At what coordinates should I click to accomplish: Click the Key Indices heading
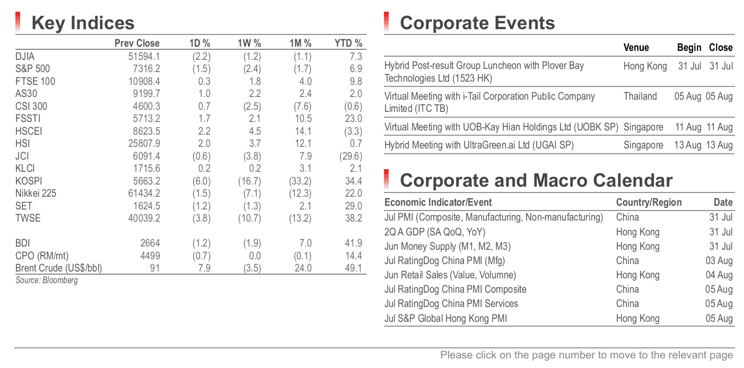point(83,23)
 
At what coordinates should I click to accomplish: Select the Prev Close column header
point(137,43)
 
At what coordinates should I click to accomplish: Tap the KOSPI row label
point(29,181)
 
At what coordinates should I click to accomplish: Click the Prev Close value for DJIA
point(144,56)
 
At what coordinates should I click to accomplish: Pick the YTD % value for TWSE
point(353,218)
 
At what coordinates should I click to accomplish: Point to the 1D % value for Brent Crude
point(204,268)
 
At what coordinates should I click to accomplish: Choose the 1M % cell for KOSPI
point(300,181)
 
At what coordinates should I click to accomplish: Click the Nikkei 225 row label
point(36,194)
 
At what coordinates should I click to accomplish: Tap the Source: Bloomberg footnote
point(47,281)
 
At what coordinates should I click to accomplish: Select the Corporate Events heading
point(477,23)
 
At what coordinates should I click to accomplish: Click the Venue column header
point(636,48)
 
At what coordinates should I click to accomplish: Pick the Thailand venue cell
point(640,97)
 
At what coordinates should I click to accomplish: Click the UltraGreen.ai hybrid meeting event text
point(479,145)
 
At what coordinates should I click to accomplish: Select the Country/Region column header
point(649,202)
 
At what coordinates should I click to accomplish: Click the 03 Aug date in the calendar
point(719,261)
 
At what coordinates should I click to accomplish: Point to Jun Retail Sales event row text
point(450,275)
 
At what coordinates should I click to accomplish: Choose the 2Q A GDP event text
point(435,232)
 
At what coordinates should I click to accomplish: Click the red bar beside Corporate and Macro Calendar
point(386,180)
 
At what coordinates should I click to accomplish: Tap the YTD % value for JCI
point(351,156)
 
